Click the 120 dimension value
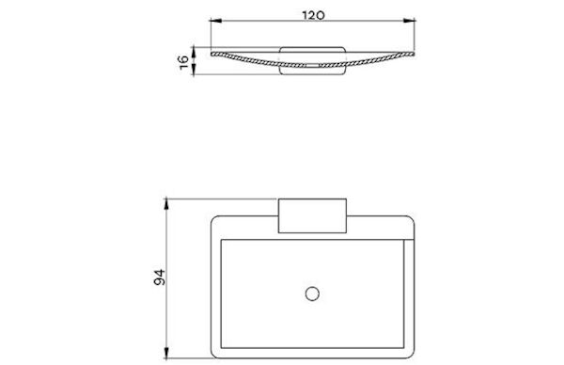(x=313, y=15)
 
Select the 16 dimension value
(x=183, y=61)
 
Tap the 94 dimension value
(x=160, y=277)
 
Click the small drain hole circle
(x=312, y=294)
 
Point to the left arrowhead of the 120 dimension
(x=215, y=21)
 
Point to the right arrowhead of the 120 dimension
(x=409, y=21)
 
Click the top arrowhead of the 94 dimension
(x=166, y=204)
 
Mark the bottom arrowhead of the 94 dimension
(x=166, y=353)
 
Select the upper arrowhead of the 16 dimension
(x=194, y=52)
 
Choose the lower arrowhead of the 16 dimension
(x=194, y=70)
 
